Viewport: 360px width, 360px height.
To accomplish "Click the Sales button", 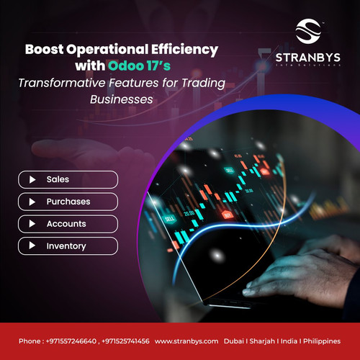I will pyautogui.click(x=68, y=179).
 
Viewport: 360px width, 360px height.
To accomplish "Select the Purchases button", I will pyautogui.click(x=68, y=202).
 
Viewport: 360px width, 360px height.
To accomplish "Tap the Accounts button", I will pyautogui.click(x=68, y=224).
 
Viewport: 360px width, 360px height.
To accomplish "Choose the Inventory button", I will pyautogui.click(x=68, y=246).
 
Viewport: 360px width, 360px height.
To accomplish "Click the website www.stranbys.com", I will pyautogui.click(x=186, y=341).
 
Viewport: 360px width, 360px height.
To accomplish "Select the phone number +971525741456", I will pyautogui.click(x=125, y=341).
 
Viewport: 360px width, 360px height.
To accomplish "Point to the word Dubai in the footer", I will pyautogui.click(x=234, y=341).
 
